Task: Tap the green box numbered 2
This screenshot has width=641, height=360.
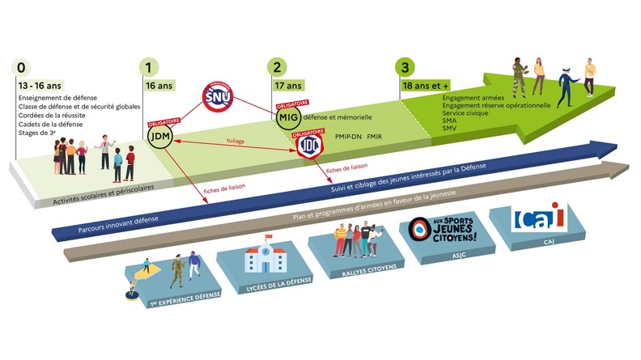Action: [278, 68]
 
